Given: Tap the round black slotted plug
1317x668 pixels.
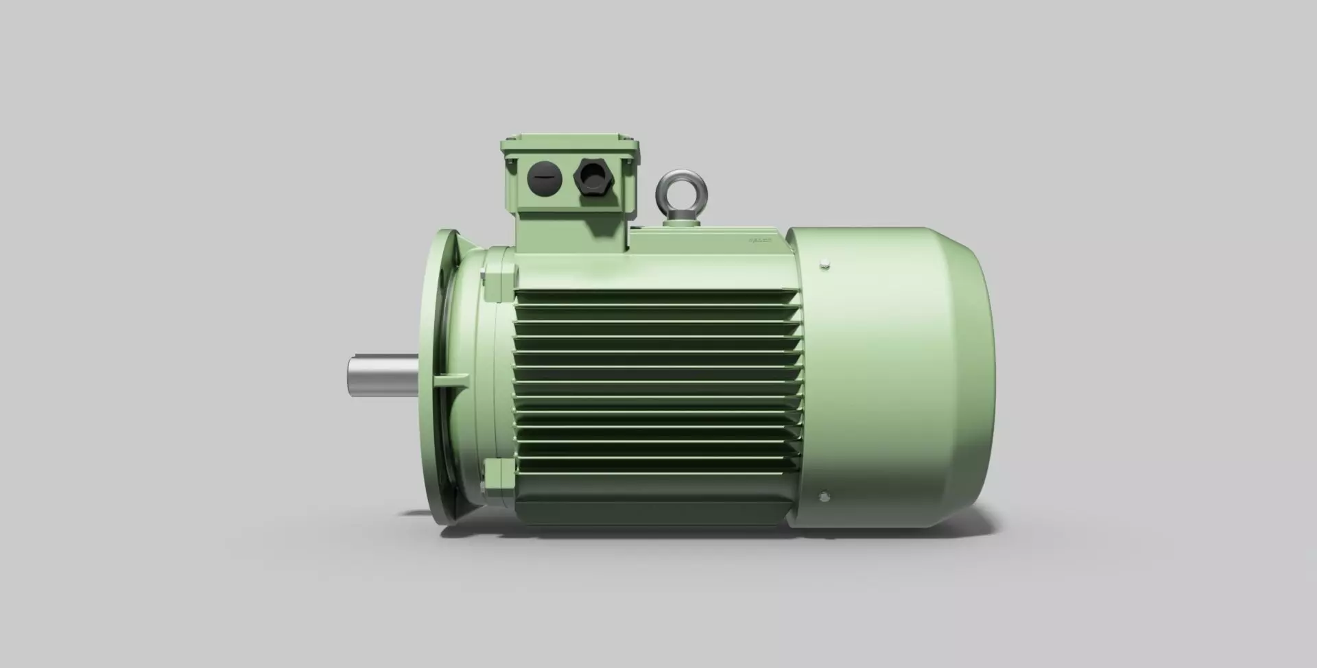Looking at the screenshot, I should (x=545, y=178).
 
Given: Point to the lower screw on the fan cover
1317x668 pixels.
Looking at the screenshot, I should (x=824, y=495).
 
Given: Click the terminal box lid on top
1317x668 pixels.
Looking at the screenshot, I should (x=570, y=143).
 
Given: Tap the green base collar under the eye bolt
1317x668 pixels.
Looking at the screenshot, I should (x=680, y=219).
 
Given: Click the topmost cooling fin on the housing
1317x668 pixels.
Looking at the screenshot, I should (x=655, y=294).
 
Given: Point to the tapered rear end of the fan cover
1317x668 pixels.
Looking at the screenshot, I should (x=971, y=377).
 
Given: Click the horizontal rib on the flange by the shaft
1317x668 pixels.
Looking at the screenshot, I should (x=451, y=377).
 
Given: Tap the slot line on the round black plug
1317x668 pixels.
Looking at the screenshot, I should (x=545, y=178).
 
